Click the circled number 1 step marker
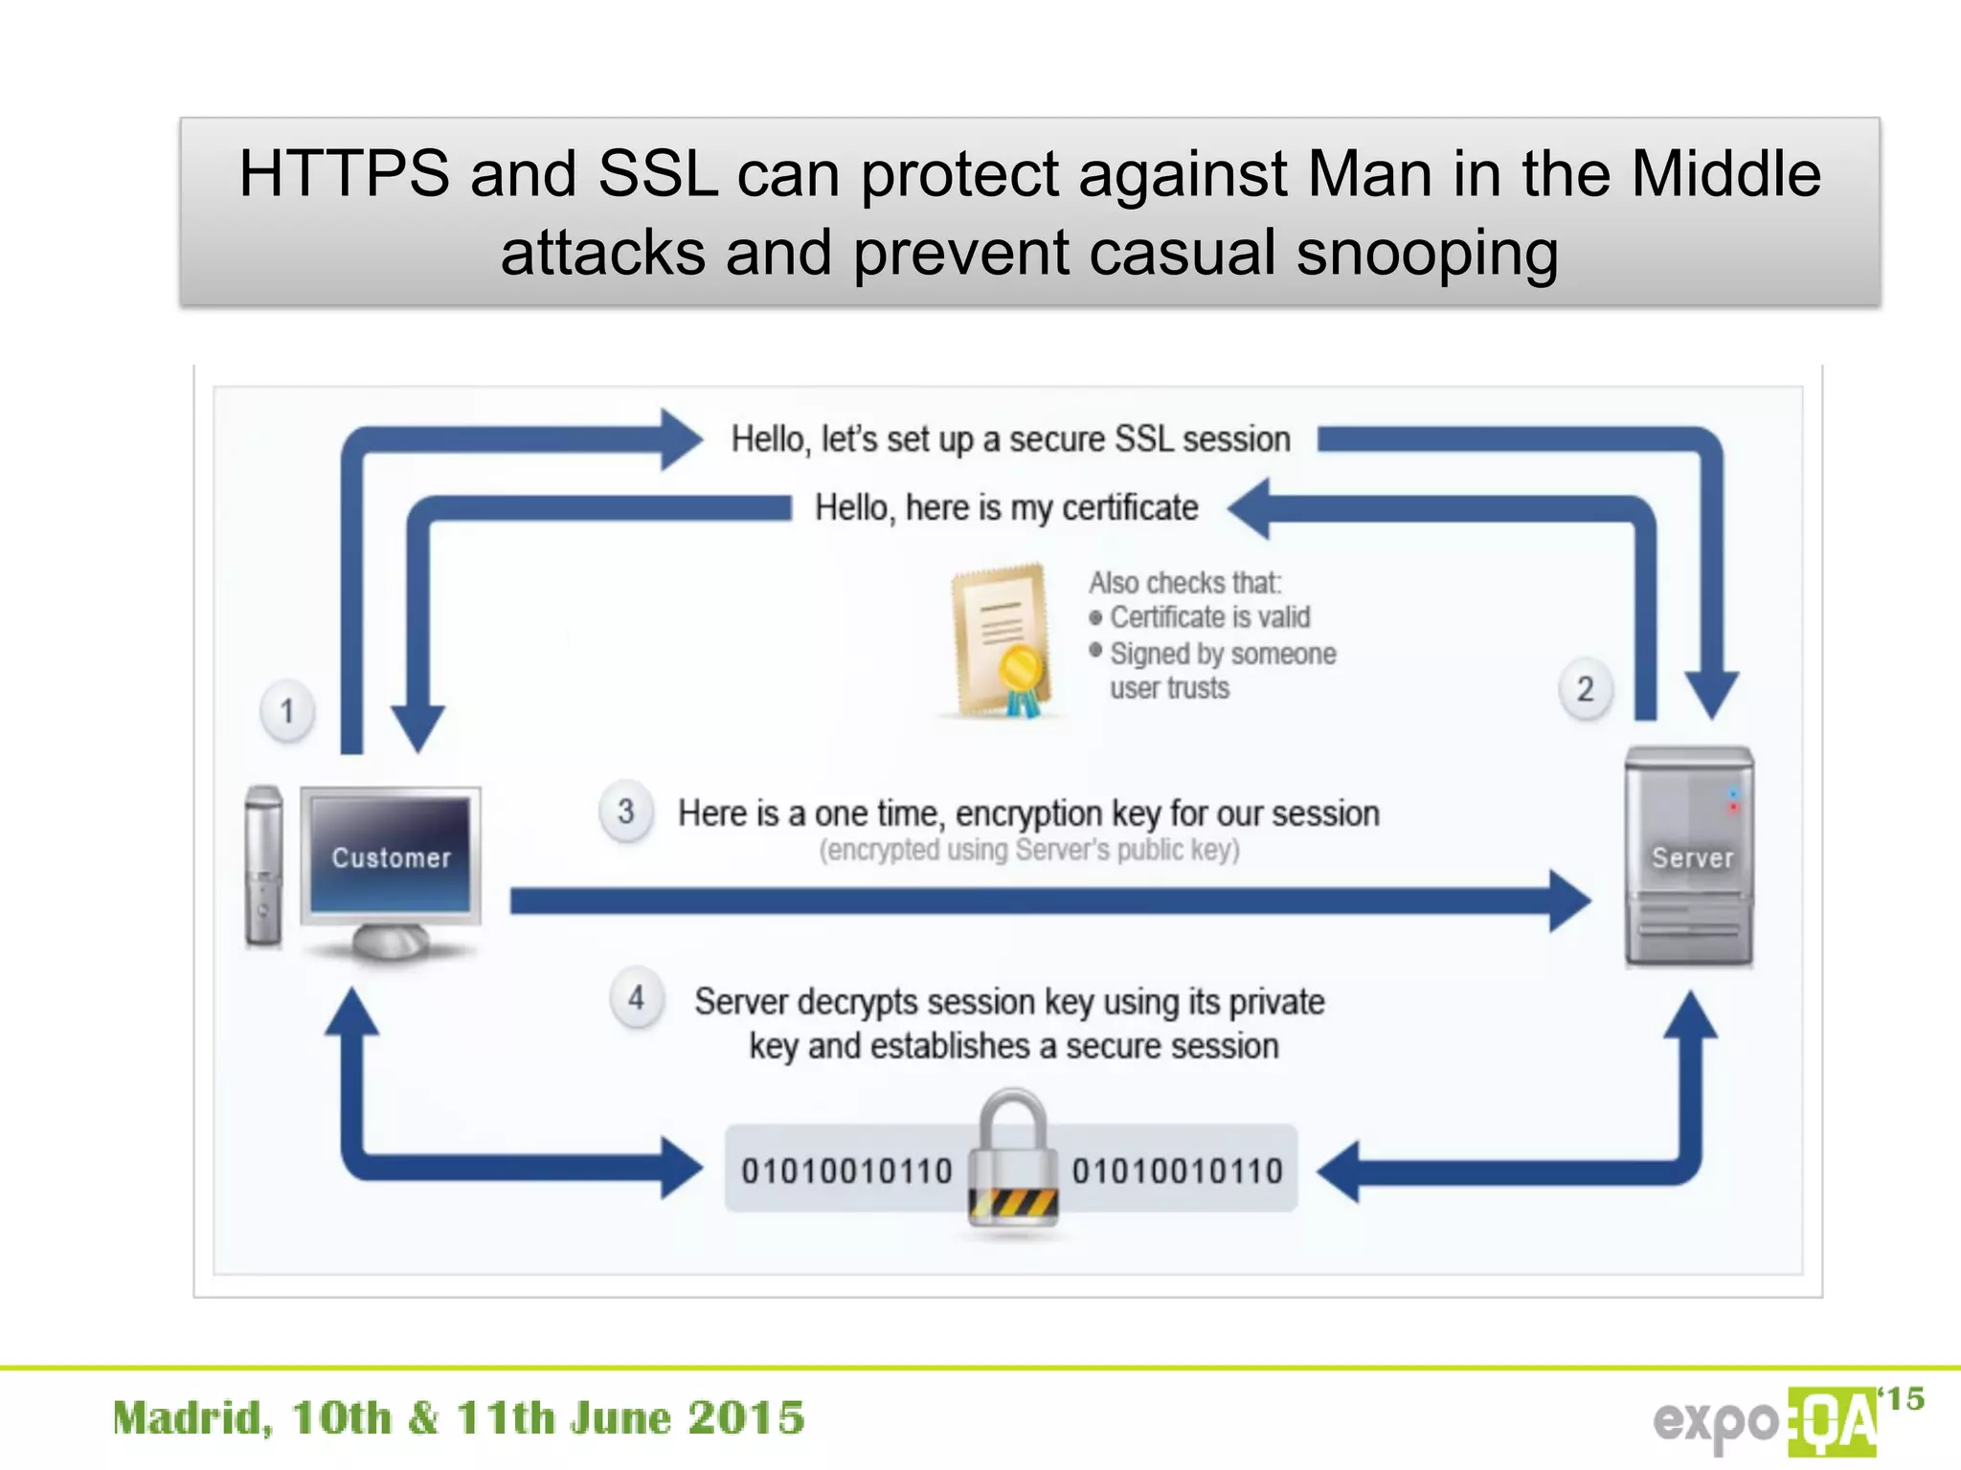tap(287, 711)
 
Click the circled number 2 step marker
tap(1586, 689)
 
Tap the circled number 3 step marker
tap(626, 812)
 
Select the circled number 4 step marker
tap(637, 998)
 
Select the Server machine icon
tap(1690, 857)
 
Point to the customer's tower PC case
tap(263, 865)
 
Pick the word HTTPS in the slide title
tap(344, 174)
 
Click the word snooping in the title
tap(1427, 253)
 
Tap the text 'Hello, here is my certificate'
tap(1006, 507)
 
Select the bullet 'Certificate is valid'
tap(1209, 617)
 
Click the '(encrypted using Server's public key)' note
tap(1029, 850)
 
